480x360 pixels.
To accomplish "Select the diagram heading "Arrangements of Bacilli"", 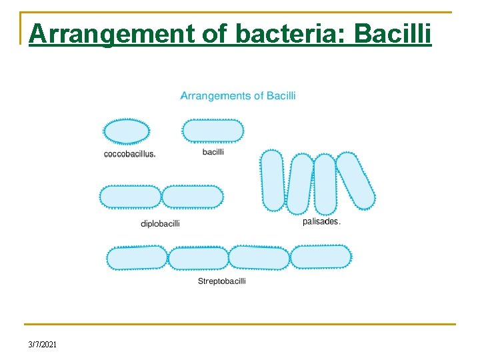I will click(x=238, y=95).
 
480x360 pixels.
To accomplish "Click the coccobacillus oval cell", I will click(x=127, y=131).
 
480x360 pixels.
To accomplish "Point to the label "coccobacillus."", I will click(x=130, y=154).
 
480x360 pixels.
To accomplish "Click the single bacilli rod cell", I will click(x=213, y=131).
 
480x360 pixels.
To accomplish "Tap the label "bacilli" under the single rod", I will click(x=213, y=151).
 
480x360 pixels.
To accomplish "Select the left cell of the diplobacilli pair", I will click(x=131, y=197).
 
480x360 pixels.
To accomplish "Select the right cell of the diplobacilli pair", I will click(x=193, y=197).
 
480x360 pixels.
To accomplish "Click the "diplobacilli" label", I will click(x=160, y=223).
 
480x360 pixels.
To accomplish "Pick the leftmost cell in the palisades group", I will click(x=273, y=180).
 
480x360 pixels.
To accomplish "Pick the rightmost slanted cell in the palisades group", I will click(x=356, y=181).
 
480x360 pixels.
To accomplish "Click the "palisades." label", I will click(x=321, y=221).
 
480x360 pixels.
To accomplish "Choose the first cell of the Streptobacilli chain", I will click(x=137, y=258).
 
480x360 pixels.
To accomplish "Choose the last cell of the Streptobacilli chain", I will click(x=321, y=257).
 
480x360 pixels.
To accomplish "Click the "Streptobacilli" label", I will click(x=222, y=281).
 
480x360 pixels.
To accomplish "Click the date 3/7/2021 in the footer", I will click(x=43, y=344).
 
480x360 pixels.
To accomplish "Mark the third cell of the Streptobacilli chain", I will click(x=259, y=257).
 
